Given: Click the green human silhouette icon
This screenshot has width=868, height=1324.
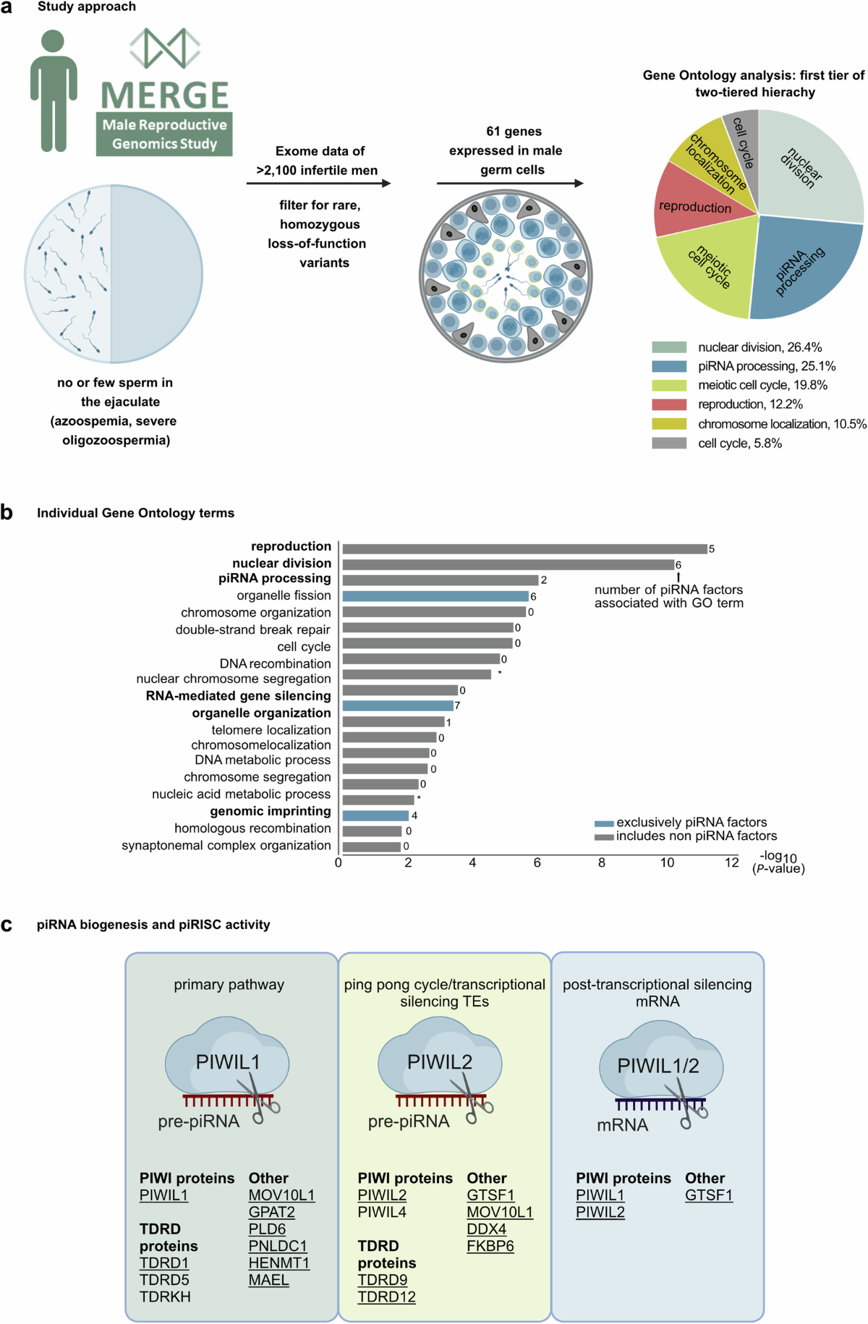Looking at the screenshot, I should point(54,90).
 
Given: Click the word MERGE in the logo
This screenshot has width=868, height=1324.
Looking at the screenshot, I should point(165,96).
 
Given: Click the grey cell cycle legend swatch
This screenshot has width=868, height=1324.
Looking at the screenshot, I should point(668,443).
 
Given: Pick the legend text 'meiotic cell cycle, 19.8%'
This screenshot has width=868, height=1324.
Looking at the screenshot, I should point(762,385).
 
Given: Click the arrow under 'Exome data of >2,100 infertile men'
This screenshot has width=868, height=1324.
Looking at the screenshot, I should point(318,183).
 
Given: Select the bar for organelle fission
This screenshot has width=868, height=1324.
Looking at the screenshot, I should point(435,596).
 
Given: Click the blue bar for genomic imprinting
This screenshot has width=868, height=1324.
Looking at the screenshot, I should point(375,815).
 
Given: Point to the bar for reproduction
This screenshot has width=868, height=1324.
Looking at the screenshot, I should point(524,549).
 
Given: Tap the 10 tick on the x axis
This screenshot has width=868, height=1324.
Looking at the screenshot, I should point(667,862).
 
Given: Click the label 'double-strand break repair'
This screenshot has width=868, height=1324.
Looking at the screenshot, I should point(252,629).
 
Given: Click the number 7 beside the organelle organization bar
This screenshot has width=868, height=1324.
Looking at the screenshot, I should point(457,705).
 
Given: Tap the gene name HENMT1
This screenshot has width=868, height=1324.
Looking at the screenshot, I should point(278,1263).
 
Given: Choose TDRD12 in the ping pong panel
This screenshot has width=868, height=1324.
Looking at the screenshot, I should point(386,1297).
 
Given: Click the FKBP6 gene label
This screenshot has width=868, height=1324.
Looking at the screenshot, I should point(490,1246).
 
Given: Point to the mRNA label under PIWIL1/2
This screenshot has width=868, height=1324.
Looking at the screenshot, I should point(622,1125).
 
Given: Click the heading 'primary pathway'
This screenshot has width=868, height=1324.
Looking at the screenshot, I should point(229,984).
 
